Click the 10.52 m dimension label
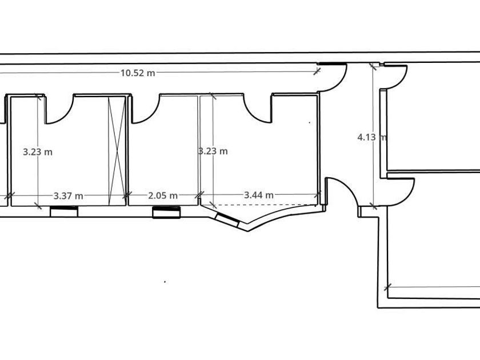click(138, 73)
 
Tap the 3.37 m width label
click(68, 196)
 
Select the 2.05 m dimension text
click(163, 195)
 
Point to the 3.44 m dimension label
click(259, 195)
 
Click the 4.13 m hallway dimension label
click(372, 137)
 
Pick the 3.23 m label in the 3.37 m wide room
click(38, 152)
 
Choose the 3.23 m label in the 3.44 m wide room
click(213, 151)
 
